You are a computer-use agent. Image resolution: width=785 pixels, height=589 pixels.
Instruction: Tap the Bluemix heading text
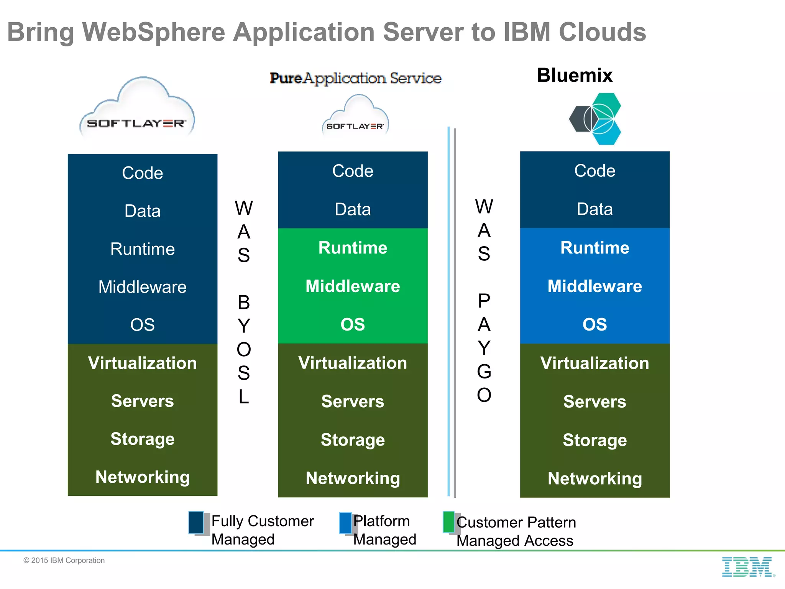pyautogui.click(x=575, y=75)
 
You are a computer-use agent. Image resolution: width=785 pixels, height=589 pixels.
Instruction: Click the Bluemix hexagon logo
pyautogui.click(x=595, y=119)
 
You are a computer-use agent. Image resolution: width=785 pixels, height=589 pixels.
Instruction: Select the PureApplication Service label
pyautogui.click(x=356, y=78)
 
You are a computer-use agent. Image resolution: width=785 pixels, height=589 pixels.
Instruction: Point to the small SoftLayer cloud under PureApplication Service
pyautogui.click(x=355, y=117)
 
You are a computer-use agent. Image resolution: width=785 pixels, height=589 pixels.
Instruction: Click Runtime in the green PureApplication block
pyautogui.click(x=353, y=248)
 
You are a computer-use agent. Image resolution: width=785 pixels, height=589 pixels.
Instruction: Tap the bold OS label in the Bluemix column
pyautogui.click(x=594, y=324)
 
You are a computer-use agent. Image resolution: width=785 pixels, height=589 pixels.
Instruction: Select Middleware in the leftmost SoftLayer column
pyautogui.click(x=142, y=287)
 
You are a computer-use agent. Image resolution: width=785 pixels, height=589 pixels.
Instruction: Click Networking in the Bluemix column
pyautogui.click(x=594, y=478)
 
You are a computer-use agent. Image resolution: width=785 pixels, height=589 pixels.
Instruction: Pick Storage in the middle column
pyautogui.click(x=353, y=440)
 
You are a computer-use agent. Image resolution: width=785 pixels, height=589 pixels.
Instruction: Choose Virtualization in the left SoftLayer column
pyautogui.click(x=142, y=363)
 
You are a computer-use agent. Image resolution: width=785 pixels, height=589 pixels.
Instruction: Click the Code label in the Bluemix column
pyautogui.click(x=594, y=171)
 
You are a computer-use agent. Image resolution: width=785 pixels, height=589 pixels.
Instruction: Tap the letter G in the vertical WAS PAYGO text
pyautogui.click(x=484, y=371)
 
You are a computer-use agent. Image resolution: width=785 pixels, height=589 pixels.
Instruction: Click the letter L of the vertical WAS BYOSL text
pyautogui.click(x=244, y=397)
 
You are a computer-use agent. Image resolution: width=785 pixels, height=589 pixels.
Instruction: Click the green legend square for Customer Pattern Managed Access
pyautogui.click(x=448, y=522)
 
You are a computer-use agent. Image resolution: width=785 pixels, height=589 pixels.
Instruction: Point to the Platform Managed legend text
pyautogui.click(x=384, y=530)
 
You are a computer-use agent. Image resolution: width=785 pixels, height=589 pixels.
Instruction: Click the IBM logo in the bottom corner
pyautogui.click(x=747, y=567)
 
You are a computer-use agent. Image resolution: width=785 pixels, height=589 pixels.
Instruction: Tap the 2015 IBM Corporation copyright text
pyautogui.click(x=64, y=560)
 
